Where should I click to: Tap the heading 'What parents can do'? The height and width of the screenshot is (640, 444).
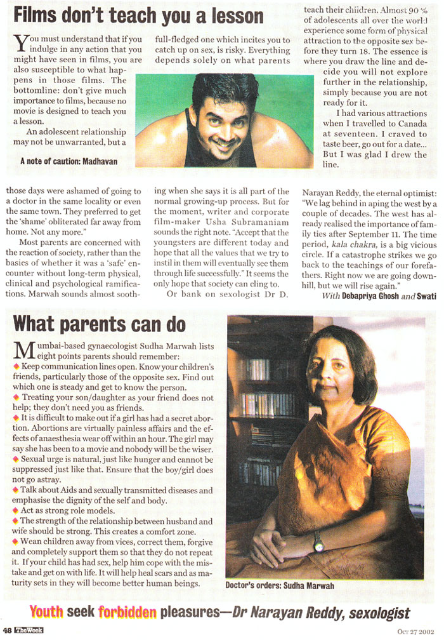(x=100, y=323)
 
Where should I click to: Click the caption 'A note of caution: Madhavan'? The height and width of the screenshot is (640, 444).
(x=69, y=161)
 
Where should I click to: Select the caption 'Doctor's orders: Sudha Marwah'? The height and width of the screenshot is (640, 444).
(x=280, y=585)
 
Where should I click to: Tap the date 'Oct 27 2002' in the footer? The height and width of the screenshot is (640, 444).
(x=417, y=630)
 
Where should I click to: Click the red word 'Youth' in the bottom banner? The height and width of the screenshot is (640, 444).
(x=49, y=612)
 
